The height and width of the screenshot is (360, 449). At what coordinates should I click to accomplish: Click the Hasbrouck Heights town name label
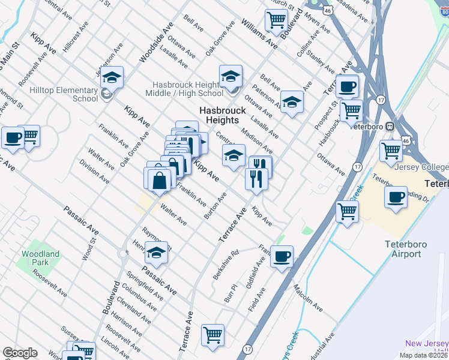pyautogui.click(x=223, y=115)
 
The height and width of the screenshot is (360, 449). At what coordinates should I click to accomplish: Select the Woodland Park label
pyautogui.click(x=40, y=259)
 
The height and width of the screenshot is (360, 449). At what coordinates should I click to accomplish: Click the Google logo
pyautogui.click(x=20, y=353)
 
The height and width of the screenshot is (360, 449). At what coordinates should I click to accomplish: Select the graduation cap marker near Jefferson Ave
pyautogui.click(x=112, y=77)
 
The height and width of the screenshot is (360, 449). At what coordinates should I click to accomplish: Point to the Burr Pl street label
pyautogui.click(x=231, y=293)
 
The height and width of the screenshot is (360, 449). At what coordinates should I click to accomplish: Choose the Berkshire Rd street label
pyautogui.click(x=226, y=264)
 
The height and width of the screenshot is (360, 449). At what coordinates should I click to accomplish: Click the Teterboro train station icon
pyautogui.click(x=390, y=127)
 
